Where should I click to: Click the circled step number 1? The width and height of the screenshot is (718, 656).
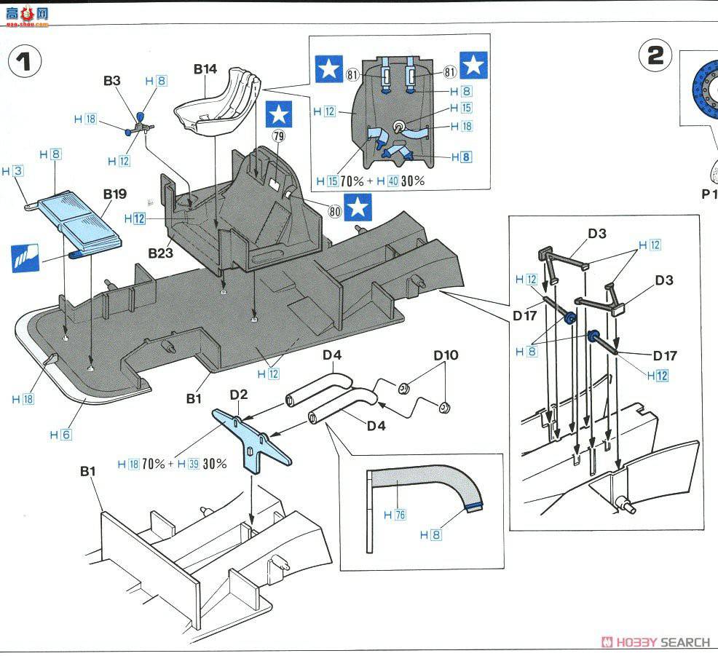click(25, 62)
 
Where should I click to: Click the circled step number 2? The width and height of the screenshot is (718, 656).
click(655, 56)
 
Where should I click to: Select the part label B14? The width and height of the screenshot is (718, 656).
click(205, 69)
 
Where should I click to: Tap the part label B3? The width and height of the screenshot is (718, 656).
click(111, 81)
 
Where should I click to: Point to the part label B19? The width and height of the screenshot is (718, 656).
click(114, 194)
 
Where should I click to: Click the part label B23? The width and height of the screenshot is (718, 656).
click(160, 253)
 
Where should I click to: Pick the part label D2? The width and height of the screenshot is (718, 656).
click(239, 395)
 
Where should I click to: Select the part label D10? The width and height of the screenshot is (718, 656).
click(446, 355)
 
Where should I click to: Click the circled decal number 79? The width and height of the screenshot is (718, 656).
click(278, 136)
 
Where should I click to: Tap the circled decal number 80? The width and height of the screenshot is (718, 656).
click(335, 211)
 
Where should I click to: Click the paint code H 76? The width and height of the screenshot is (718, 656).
click(395, 515)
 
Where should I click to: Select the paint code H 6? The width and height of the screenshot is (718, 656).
click(60, 435)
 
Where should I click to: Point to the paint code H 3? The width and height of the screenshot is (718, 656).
click(12, 171)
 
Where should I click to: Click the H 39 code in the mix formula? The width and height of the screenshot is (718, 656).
click(188, 464)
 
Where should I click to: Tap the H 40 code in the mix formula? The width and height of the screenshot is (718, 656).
click(387, 181)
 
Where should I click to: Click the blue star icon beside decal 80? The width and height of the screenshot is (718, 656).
click(358, 208)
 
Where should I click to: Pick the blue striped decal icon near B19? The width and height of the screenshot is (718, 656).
click(25, 258)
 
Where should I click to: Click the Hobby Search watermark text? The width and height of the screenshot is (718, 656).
click(655, 642)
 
